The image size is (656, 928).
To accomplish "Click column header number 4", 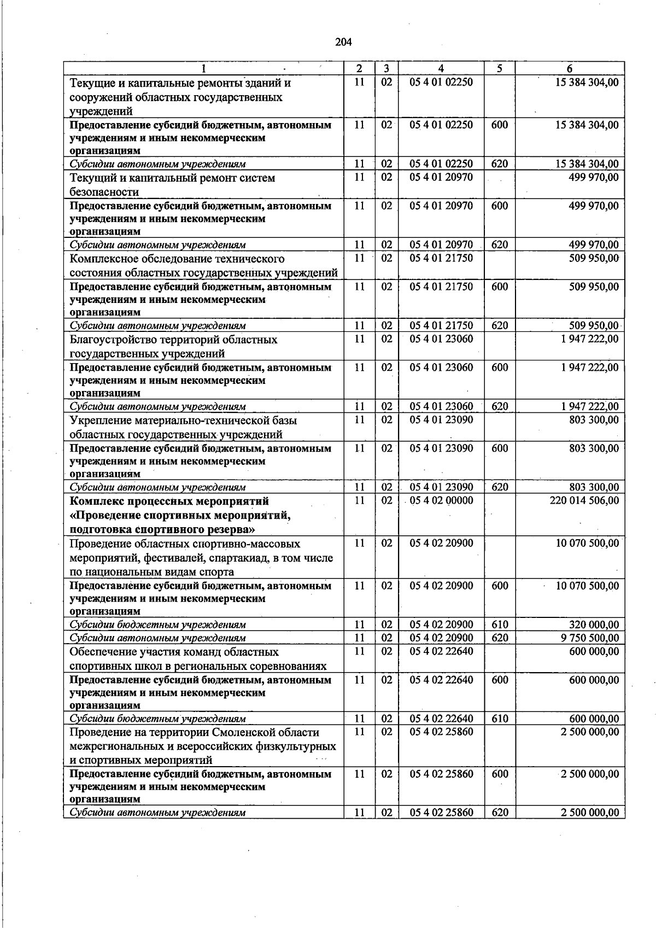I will [441, 68].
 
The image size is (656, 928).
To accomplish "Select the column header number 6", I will [570, 68].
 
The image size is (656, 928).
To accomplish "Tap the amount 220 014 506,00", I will [584, 500].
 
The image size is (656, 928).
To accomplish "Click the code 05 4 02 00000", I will [441, 500].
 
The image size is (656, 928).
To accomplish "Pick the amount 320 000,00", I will [594, 624].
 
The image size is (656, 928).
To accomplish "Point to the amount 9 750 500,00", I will [589, 638].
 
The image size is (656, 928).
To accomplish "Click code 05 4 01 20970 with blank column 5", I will [441, 177].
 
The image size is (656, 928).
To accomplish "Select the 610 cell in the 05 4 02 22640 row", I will [500, 719].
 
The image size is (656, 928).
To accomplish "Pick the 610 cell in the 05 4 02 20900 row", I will [500, 624].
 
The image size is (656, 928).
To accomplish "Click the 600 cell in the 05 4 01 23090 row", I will [500, 448].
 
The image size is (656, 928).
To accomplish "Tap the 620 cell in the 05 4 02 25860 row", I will [500, 813].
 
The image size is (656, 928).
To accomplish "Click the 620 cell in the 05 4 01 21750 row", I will [500, 326].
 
